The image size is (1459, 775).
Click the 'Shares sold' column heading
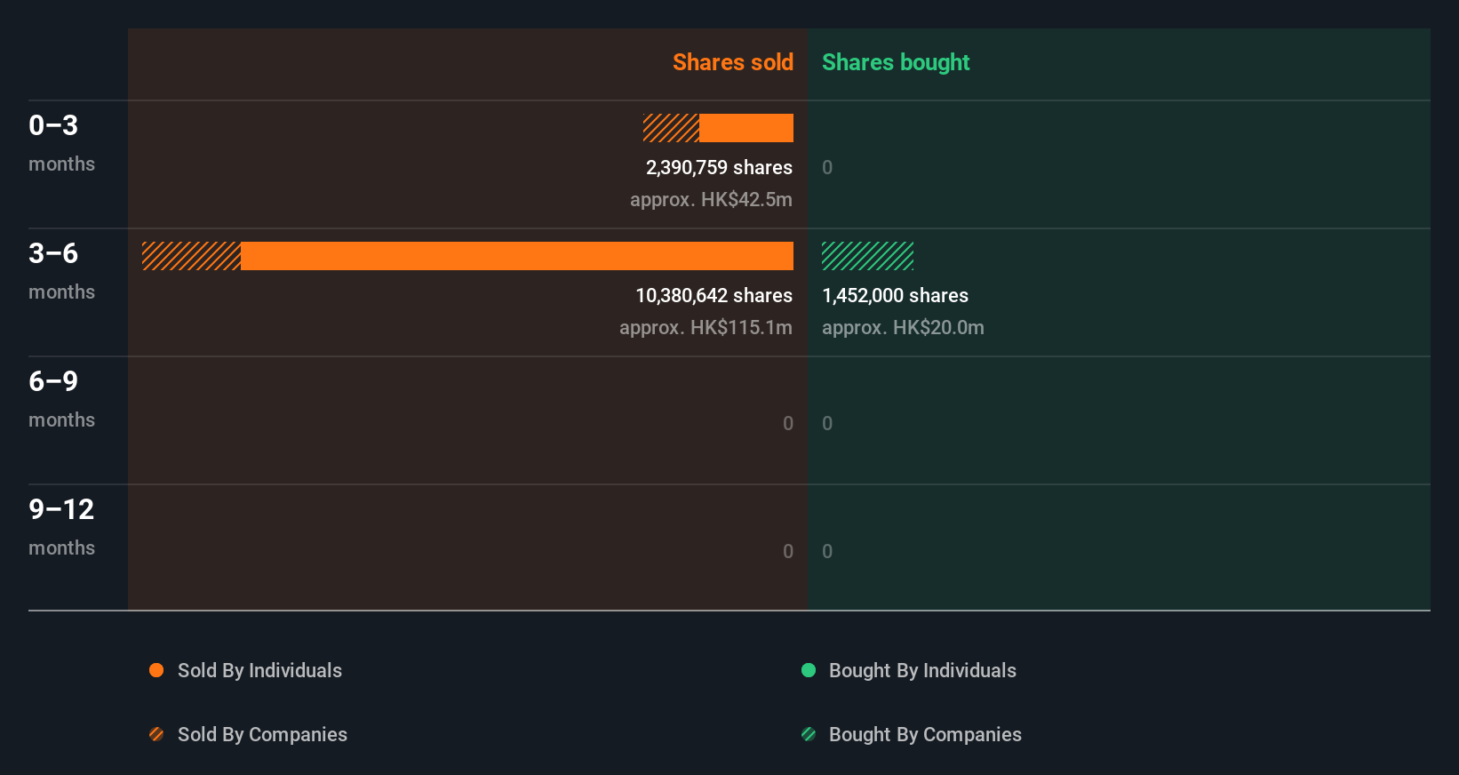[x=732, y=62]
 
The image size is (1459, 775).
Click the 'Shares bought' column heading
[x=895, y=62]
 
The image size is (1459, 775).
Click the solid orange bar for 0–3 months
[x=746, y=128]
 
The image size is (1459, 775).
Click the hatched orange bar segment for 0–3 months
[x=671, y=128]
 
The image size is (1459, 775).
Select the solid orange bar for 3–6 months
[x=516, y=256]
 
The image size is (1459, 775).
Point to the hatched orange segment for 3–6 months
[x=191, y=256]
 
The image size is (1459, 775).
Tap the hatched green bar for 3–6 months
[x=867, y=256]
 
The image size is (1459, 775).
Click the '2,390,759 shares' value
[x=719, y=167]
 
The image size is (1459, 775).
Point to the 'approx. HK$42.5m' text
[x=711, y=199]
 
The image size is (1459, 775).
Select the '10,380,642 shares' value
[x=714, y=295]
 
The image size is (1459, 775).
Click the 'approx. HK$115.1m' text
[x=706, y=327]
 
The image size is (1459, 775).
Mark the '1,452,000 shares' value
[x=895, y=295]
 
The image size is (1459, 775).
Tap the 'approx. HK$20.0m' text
[x=903, y=327]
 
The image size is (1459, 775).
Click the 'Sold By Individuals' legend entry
[x=259, y=670]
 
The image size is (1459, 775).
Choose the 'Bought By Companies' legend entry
[x=924, y=734]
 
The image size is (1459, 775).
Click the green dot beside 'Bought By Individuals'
[x=809, y=670]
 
